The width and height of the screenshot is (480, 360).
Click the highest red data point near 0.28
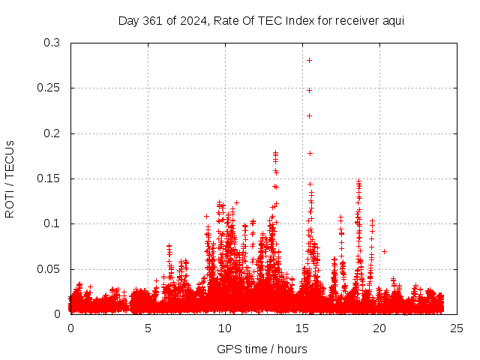(309, 60)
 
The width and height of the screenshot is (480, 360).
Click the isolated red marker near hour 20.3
(384, 251)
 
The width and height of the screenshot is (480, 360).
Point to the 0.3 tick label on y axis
(52, 43)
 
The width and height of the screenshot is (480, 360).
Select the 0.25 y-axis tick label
(49, 88)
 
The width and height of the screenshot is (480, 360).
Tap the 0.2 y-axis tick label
(52, 133)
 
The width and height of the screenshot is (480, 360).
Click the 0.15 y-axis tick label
(49, 178)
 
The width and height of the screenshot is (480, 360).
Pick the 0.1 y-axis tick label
(52, 223)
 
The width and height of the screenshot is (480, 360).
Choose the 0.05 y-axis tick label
(49, 268)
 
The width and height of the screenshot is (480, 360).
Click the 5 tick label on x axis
(148, 328)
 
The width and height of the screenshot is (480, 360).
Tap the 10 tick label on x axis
(225, 328)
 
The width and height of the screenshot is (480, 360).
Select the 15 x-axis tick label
(302, 328)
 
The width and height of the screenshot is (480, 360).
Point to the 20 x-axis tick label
(379, 328)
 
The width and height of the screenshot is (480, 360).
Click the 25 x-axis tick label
(457, 328)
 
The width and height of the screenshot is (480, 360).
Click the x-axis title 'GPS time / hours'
(262, 349)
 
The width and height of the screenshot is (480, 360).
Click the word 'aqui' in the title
(393, 20)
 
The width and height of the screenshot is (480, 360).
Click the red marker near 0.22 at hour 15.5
(309, 115)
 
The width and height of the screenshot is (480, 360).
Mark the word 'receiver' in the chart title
(356, 20)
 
